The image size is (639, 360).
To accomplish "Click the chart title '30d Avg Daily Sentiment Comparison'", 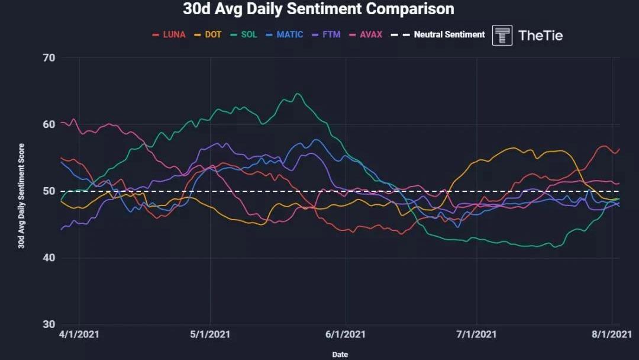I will [x=318, y=9].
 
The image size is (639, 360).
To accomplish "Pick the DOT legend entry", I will [x=208, y=34].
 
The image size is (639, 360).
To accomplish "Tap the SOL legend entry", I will [x=244, y=34].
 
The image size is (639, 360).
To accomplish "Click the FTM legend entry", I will [x=327, y=34].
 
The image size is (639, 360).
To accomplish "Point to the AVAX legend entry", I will [x=366, y=34].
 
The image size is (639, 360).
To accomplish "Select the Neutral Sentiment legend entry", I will [x=443, y=34].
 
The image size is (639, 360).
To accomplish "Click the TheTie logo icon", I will [x=502, y=35].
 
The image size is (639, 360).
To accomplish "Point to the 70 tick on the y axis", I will [x=49, y=58].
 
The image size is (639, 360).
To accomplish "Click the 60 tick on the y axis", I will [x=49, y=125].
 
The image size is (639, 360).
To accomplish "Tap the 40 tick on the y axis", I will [x=49, y=258].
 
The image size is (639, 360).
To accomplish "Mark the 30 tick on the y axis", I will [x=49, y=324].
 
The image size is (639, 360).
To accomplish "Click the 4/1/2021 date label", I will [x=79, y=335].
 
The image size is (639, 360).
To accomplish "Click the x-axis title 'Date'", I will [x=340, y=354].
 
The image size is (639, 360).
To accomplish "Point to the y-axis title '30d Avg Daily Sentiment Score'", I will [x=21, y=195].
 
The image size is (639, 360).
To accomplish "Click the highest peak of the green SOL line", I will [x=298, y=94].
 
